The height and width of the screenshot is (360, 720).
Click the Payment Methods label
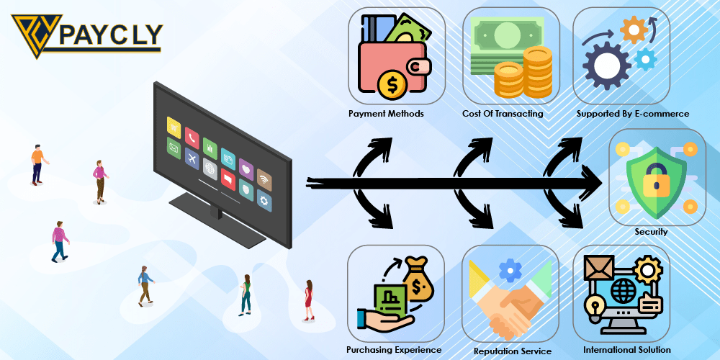point(386,114)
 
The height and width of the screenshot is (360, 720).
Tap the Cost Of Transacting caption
point(503,114)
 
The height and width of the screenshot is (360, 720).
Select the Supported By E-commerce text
point(633,114)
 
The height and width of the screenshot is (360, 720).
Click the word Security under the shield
point(651,232)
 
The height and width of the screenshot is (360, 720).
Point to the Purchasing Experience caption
point(394,350)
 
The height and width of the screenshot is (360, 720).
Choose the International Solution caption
point(627,350)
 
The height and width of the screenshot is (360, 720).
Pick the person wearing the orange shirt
point(37,163)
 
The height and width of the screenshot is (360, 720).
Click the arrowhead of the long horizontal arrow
point(595,186)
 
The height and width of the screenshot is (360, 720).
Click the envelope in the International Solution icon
point(599,269)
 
